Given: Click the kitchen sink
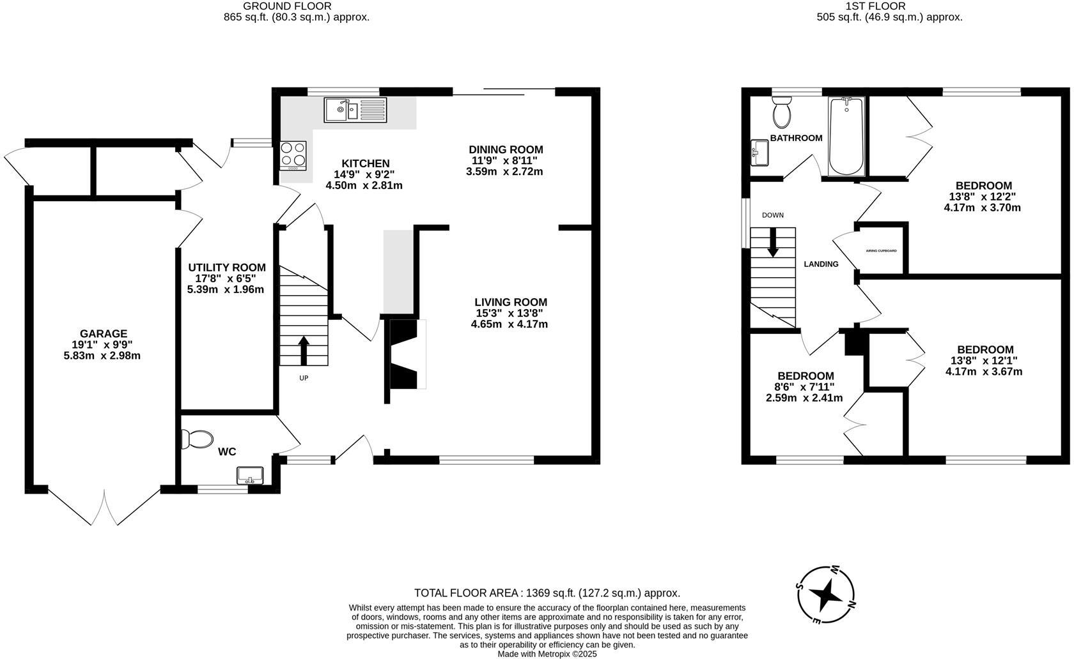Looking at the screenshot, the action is [x=355, y=110].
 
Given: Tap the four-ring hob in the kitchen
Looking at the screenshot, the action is [x=293, y=155].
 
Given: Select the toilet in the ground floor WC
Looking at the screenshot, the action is [x=197, y=439].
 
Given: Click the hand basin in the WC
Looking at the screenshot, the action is [x=250, y=476].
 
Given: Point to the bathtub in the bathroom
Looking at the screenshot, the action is [x=846, y=136].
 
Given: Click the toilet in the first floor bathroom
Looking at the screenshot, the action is [x=782, y=112].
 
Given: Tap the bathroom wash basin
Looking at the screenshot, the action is [x=759, y=152].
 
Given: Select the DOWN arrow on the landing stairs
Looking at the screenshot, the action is [x=773, y=242].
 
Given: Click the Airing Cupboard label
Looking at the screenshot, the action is [x=881, y=250].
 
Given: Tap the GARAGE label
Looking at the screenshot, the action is [x=104, y=333].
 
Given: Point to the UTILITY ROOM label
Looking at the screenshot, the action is [x=227, y=267].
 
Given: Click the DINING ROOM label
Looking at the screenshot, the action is [x=506, y=149].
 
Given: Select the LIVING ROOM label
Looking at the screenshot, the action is [x=511, y=302].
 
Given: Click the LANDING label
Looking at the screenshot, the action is [x=821, y=264].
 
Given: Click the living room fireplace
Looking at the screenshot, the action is [x=408, y=354].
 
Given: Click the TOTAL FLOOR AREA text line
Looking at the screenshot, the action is [x=547, y=593].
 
